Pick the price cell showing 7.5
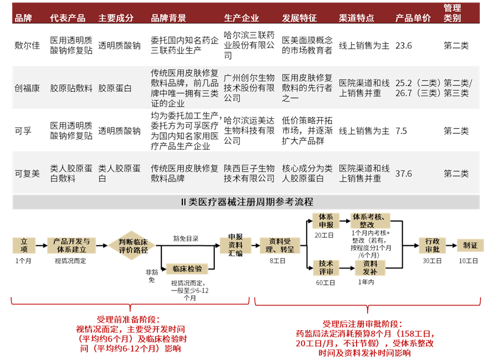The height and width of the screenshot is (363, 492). tap(401, 131)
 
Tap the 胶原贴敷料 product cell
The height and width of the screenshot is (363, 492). tap(71, 88)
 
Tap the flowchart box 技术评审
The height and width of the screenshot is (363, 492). tap(326, 267)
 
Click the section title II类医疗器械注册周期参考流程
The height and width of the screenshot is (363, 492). tap(246, 202)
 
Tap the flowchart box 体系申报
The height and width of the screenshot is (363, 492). tap(326, 221)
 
